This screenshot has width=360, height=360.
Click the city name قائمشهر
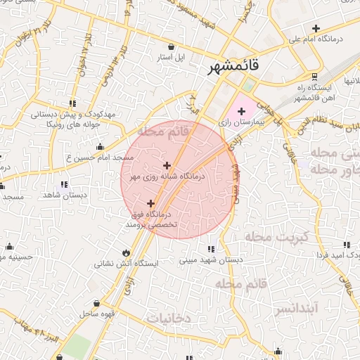234,67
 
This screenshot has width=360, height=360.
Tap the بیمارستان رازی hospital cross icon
243,110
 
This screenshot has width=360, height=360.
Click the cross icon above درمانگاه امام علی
316,29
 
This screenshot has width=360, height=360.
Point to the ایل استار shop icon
172,46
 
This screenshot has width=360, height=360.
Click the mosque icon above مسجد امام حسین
99,146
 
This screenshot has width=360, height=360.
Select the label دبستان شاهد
64,194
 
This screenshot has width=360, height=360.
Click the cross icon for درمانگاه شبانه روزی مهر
166,165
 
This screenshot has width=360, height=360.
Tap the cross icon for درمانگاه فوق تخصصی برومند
150,203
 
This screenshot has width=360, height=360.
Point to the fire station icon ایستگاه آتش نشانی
126,252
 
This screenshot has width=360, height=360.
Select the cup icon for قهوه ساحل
96,304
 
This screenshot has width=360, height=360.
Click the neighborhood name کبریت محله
276,237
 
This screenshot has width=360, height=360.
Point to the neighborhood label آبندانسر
297,308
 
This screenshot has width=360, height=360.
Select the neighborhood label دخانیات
168,318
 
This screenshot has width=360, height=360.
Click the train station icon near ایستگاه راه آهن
314,77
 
